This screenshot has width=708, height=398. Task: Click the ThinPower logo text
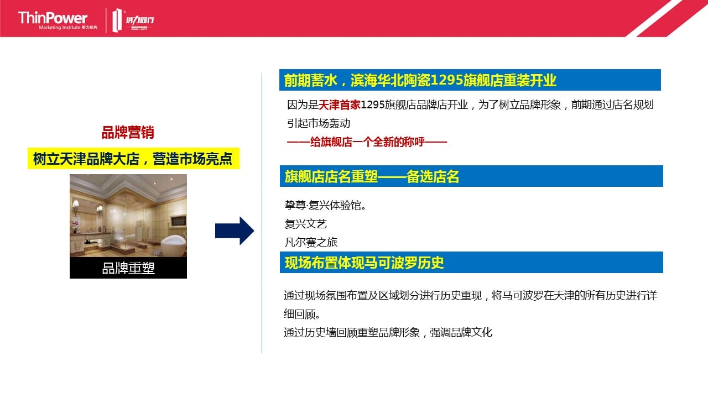[53, 18]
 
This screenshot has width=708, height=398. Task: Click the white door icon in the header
[117, 20]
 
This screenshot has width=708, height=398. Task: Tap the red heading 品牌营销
[128, 132]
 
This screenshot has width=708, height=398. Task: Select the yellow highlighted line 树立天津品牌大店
[133, 159]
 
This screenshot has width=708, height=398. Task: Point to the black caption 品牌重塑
[128, 268]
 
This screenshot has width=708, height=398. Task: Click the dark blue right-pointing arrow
[235, 231]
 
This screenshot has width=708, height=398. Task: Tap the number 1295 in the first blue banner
[447, 80]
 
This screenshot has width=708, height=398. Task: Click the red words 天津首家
[340, 104]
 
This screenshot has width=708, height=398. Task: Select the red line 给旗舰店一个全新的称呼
[367, 142]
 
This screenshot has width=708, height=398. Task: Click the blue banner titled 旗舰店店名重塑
[471, 176]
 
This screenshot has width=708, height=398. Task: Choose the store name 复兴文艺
[306, 224]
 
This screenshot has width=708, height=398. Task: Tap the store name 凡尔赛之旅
[311, 242]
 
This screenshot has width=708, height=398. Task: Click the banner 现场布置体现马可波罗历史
[471, 262]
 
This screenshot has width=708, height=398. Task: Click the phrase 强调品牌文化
[461, 332]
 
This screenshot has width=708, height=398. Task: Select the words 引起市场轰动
[319, 123]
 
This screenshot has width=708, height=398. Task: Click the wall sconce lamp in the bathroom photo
[76, 207]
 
